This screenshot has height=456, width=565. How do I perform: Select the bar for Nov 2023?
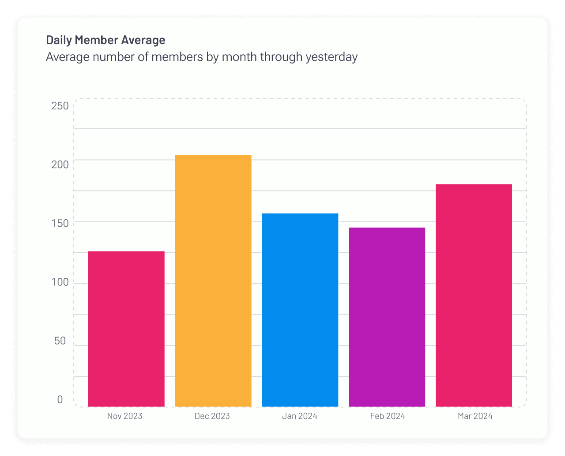pyautogui.click(x=126, y=329)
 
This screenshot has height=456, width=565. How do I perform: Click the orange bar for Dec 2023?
pyautogui.click(x=213, y=280)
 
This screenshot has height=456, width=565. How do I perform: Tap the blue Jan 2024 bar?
pyautogui.click(x=300, y=310)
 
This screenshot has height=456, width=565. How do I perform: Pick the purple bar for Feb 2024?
pyautogui.click(x=387, y=317)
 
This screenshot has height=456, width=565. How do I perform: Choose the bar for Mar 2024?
pyautogui.click(x=474, y=295)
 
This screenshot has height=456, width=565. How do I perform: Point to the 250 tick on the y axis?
pyautogui.click(x=60, y=106)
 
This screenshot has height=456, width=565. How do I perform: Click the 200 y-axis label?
pyautogui.click(x=60, y=164)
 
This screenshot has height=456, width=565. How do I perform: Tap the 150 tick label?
pyautogui.click(x=60, y=223)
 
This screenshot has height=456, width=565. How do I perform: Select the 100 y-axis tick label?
pyautogui.click(x=60, y=282)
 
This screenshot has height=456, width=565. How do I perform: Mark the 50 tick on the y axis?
pyautogui.click(x=60, y=341)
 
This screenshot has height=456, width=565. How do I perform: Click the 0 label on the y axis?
pyautogui.click(x=60, y=400)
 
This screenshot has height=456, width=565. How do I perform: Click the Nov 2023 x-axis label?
pyautogui.click(x=124, y=416)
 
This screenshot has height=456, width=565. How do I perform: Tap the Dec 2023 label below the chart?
pyautogui.click(x=212, y=416)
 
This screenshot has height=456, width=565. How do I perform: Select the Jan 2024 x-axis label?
pyautogui.click(x=300, y=416)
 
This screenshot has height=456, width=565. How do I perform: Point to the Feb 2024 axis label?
pyautogui.click(x=388, y=416)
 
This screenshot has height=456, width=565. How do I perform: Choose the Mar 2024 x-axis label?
pyautogui.click(x=475, y=416)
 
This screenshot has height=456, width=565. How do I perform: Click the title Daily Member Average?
pyautogui.click(x=105, y=40)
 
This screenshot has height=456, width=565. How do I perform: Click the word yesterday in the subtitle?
pyautogui.click(x=331, y=57)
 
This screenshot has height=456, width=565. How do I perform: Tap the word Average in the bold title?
pyautogui.click(x=143, y=40)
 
